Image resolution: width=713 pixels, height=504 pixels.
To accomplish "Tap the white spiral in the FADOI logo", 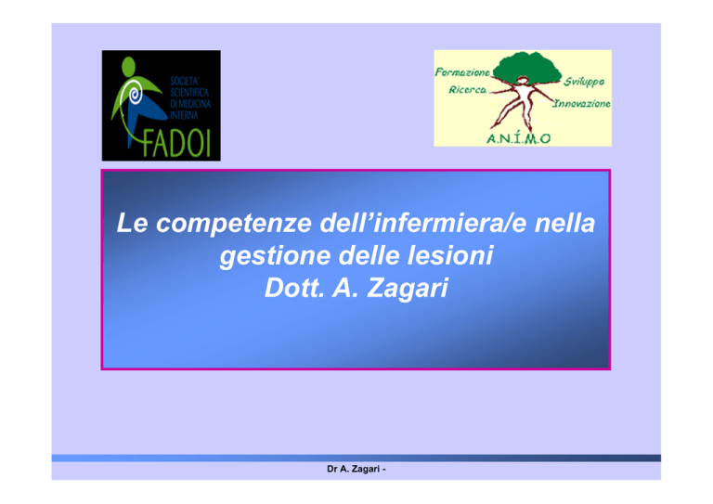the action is click(135, 95).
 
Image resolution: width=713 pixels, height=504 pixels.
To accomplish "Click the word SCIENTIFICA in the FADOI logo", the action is click(189, 93).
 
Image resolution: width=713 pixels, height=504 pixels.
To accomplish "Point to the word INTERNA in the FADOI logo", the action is click(184, 115).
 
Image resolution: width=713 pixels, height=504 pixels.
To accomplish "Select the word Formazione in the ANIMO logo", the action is click(462, 72).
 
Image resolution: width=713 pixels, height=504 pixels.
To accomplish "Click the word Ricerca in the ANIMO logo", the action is click(468, 89).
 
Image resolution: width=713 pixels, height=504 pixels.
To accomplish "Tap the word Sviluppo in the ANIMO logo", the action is click(584, 82).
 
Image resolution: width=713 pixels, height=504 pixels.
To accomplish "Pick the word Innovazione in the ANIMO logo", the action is click(581, 104).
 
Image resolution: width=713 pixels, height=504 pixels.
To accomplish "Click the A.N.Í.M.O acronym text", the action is click(519, 138).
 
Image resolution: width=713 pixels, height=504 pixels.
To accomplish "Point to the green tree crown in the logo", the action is click(527, 68).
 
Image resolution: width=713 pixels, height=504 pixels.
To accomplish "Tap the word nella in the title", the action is click(564, 222).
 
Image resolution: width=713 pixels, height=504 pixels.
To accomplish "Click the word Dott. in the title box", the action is click(294, 288).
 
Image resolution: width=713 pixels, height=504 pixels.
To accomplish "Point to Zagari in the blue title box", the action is click(408, 289).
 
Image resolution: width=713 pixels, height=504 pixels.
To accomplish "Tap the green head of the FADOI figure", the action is click(129, 66).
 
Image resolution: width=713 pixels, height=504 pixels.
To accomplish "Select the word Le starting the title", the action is click(133, 223).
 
